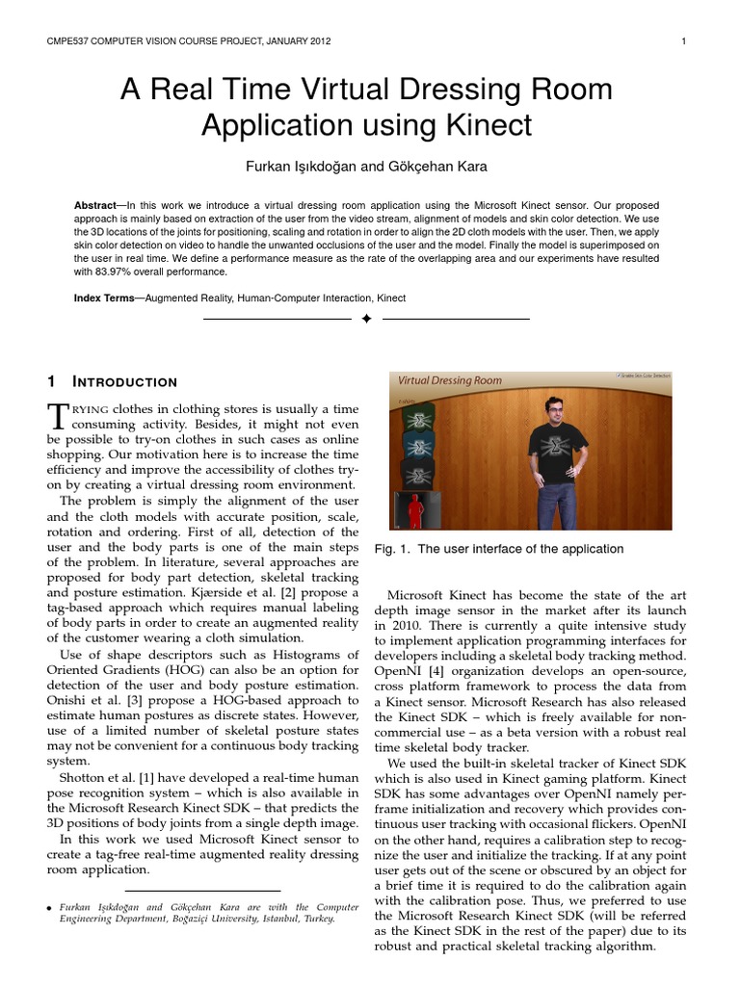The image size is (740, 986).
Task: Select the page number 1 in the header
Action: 682,41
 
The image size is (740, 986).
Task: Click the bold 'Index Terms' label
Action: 104,298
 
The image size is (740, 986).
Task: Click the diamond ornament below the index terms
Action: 366,319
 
